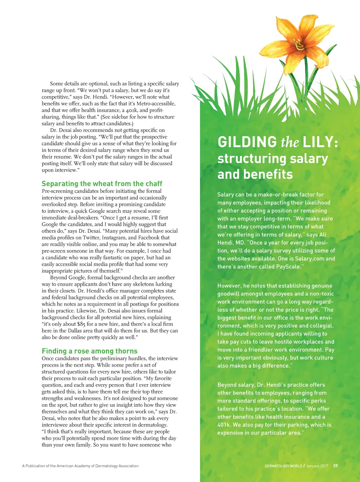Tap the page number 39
pos(335,466)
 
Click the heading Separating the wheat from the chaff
pos(102,184)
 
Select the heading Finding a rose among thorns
pos(90,351)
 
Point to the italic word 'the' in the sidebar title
pos(290,142)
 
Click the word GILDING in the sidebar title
pos(247,142)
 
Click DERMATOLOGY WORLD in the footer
pos(283,466)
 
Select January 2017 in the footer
pos(317,466)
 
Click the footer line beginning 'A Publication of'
pos(80,466)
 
